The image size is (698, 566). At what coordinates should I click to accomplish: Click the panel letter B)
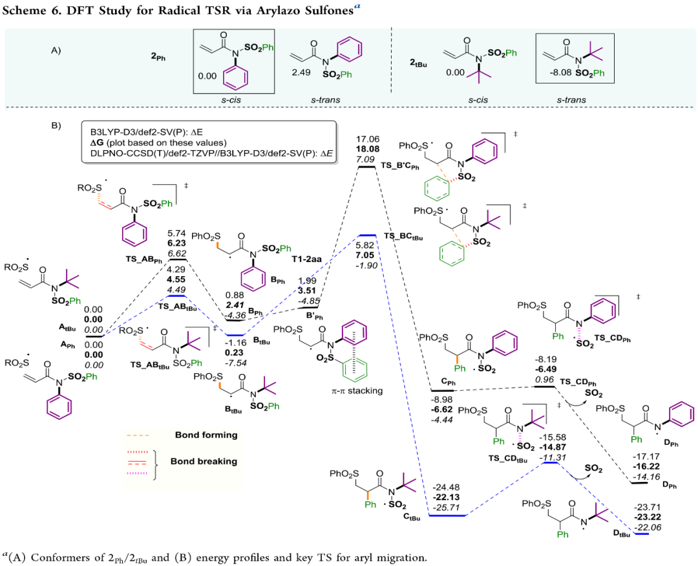[x=56, y=125]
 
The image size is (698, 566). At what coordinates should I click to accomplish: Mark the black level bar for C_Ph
[x=444, y=391]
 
